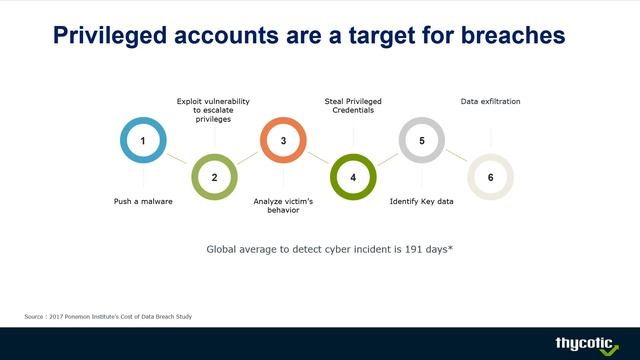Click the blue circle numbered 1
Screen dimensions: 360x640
[143, 141]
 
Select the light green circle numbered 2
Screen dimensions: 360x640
[213, 177]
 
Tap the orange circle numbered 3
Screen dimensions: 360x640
[283, 141]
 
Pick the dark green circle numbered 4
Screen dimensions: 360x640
[353, 177]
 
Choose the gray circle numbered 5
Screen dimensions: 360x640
[422, 141]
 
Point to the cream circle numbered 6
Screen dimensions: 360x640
[490, 177]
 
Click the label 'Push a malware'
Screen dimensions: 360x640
[143, 201]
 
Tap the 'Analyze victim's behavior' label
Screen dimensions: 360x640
[283, 206]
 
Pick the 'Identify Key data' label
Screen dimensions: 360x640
[421, 201]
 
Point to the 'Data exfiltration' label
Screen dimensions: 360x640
[490, 101]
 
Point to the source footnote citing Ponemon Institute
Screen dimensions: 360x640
[108, 317]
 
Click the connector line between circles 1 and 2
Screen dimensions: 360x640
[178, 159]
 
